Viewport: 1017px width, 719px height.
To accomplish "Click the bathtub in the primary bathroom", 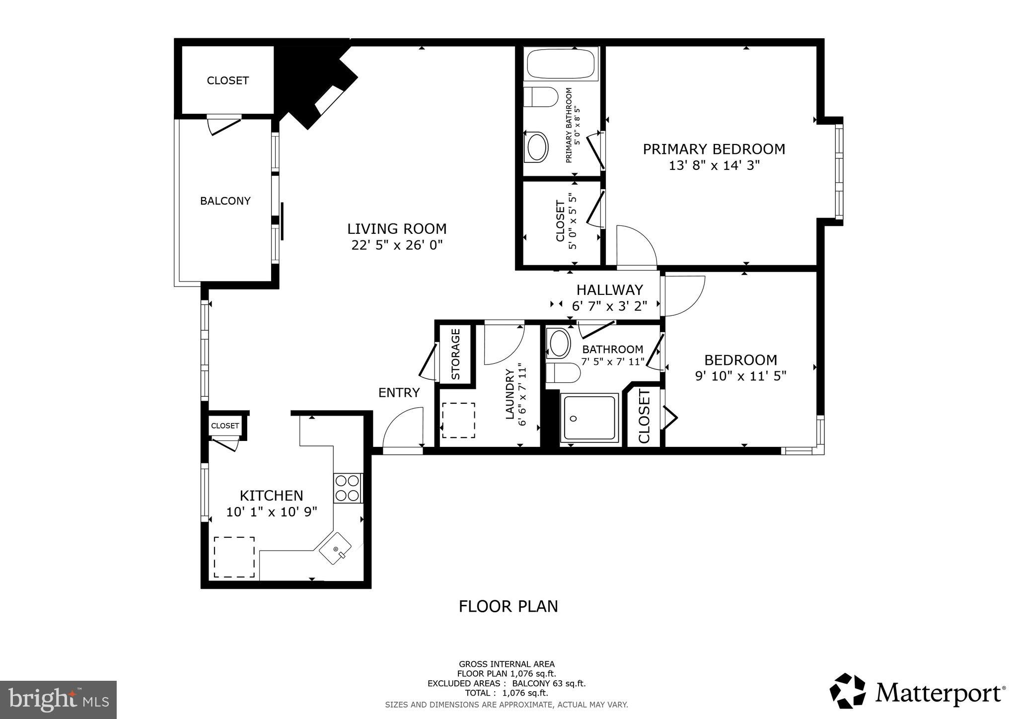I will click(x=562, y=65).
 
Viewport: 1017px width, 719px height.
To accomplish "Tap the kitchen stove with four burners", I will click(x=347, y=488).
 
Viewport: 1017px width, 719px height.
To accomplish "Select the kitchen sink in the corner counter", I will click(x=335, y=548).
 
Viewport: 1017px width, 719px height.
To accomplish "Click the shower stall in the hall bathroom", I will click(x=589, y=418).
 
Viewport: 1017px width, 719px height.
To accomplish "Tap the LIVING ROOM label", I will click(x=397, y=229).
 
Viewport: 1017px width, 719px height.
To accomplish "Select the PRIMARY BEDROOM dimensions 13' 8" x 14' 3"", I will click(x=714, y=165).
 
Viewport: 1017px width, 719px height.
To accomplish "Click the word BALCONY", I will click(x=225, y=201).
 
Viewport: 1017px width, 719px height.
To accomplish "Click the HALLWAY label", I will click(x=609, y=290).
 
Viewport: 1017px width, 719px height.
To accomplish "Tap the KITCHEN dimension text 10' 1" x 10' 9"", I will click(x=272, y=512).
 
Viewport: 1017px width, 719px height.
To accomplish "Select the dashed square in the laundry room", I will click(x=458, y=420).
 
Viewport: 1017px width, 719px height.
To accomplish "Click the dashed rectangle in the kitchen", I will click(x=234, y=557).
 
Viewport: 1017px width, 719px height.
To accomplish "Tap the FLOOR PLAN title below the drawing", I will click(x=508, y=607).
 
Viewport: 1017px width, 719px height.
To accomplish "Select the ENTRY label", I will click(x=399, y=393).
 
